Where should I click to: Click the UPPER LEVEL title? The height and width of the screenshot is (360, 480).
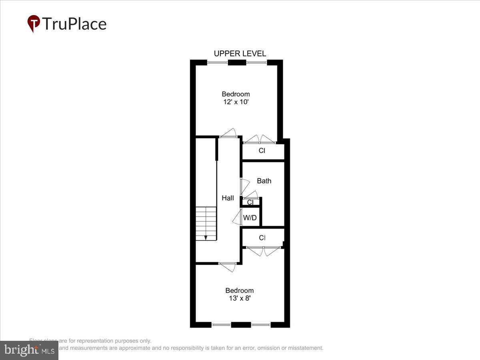point(240,54)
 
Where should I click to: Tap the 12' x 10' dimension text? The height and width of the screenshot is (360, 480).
point(236,102)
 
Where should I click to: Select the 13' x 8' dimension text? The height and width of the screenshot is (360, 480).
point(239,298)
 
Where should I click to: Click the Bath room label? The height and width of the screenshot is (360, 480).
point(264,181)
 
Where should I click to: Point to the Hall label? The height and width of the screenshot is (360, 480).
point(228,198)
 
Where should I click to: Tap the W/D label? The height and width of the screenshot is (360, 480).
point(250,218)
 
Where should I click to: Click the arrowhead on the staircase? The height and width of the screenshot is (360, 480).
point(206,238)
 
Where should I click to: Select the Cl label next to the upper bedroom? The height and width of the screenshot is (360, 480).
point(262,151)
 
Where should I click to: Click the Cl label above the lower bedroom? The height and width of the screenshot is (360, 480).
point(262,238)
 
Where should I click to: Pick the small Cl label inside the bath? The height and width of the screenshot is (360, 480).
point(250,202)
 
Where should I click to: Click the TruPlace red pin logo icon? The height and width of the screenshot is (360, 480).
point(34,23)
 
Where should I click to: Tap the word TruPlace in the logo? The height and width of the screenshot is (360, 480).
point(74,24)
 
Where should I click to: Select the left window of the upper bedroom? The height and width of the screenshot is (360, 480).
point(218,62)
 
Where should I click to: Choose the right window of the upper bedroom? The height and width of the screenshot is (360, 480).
point(256,62)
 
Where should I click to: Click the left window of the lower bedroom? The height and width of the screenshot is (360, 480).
point(221,324)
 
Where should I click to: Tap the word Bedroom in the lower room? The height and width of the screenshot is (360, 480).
point(239,290)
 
